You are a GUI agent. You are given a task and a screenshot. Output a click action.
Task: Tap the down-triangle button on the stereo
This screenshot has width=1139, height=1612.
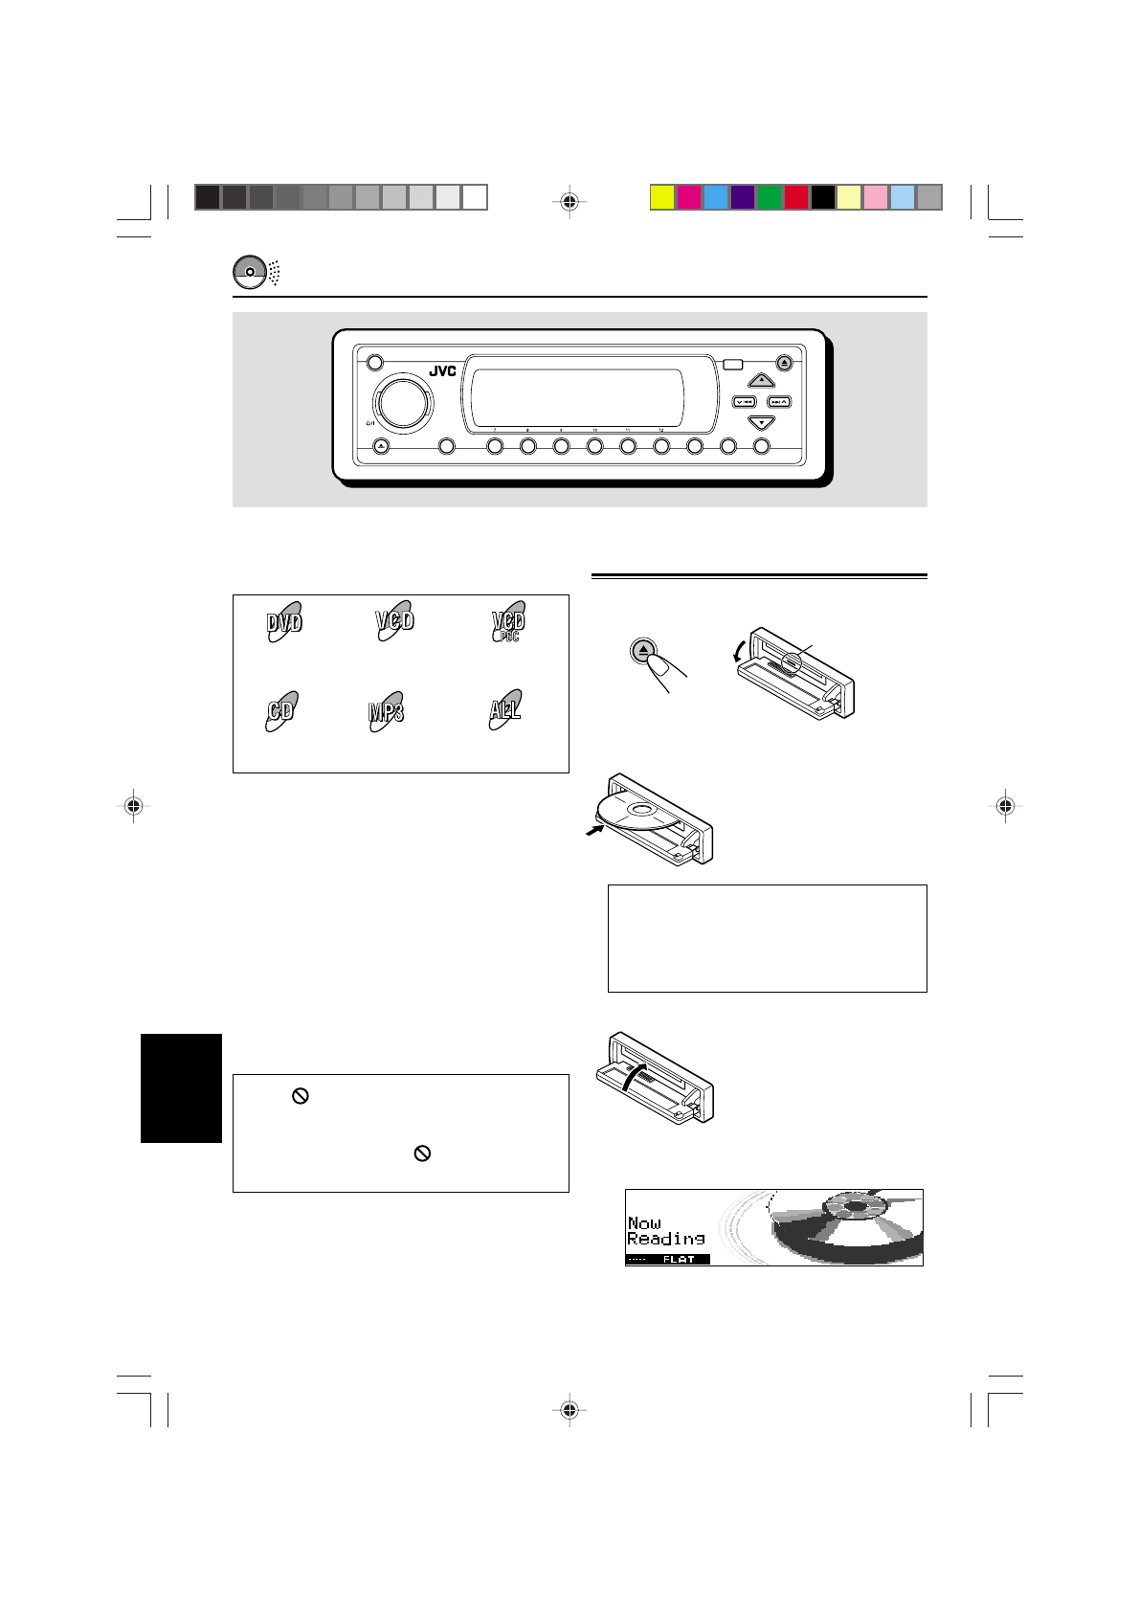click(x=760, y=422)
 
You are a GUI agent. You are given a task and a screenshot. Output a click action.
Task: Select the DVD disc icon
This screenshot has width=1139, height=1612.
click(x=284, y=622)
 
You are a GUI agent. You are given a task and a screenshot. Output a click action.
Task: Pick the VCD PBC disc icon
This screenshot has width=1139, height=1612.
click(x=508, y=622)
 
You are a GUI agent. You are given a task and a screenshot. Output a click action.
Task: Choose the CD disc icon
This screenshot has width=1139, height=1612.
click(x=281, y=711)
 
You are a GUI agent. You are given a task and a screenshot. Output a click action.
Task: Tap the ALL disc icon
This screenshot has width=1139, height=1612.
click(x=505, y=711)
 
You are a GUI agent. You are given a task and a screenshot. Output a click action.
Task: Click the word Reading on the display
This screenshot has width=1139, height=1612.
click(x=666, y=1239)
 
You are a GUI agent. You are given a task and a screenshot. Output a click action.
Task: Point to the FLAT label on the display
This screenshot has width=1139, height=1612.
click(x=679, y=1260)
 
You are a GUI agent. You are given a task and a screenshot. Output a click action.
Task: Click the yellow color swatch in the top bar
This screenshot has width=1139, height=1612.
click(x=662, y=197)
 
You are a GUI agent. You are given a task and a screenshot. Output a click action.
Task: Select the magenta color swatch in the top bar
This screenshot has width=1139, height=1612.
click(x=689, y=197)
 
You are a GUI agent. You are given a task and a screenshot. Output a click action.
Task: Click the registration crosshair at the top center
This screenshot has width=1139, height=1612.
click(x=569, y=202)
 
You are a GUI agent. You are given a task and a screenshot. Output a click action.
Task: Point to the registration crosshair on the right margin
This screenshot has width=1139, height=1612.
click(x=1004, y=806)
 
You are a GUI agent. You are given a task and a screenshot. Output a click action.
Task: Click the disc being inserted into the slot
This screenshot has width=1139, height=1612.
click(x=636, y=817)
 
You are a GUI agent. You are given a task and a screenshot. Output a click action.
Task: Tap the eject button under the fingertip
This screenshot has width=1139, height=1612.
click(x=645, y=651)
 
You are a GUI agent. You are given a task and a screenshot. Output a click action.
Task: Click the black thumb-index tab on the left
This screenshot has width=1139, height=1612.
click(x=182, y=1087)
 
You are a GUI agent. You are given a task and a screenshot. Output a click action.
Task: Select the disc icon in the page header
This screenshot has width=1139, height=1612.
click(x=249, y=272)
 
